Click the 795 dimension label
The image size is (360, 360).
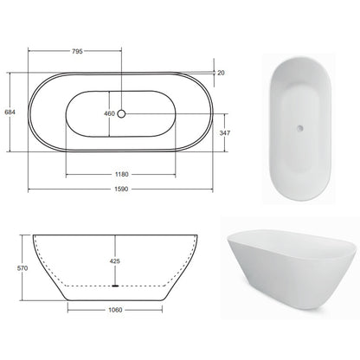[77, 51]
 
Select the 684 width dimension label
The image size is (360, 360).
[10, 112]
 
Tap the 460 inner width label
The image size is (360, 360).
[109, 113]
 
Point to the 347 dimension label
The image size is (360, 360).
[225, 132]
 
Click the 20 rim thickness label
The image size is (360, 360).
[221, 73]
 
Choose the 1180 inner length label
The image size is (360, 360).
[122, 174]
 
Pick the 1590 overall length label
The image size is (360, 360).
[121, 190]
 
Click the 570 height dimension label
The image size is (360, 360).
[22, 268]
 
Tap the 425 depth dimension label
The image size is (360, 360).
[115, 261]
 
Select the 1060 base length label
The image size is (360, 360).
[115, 310]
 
